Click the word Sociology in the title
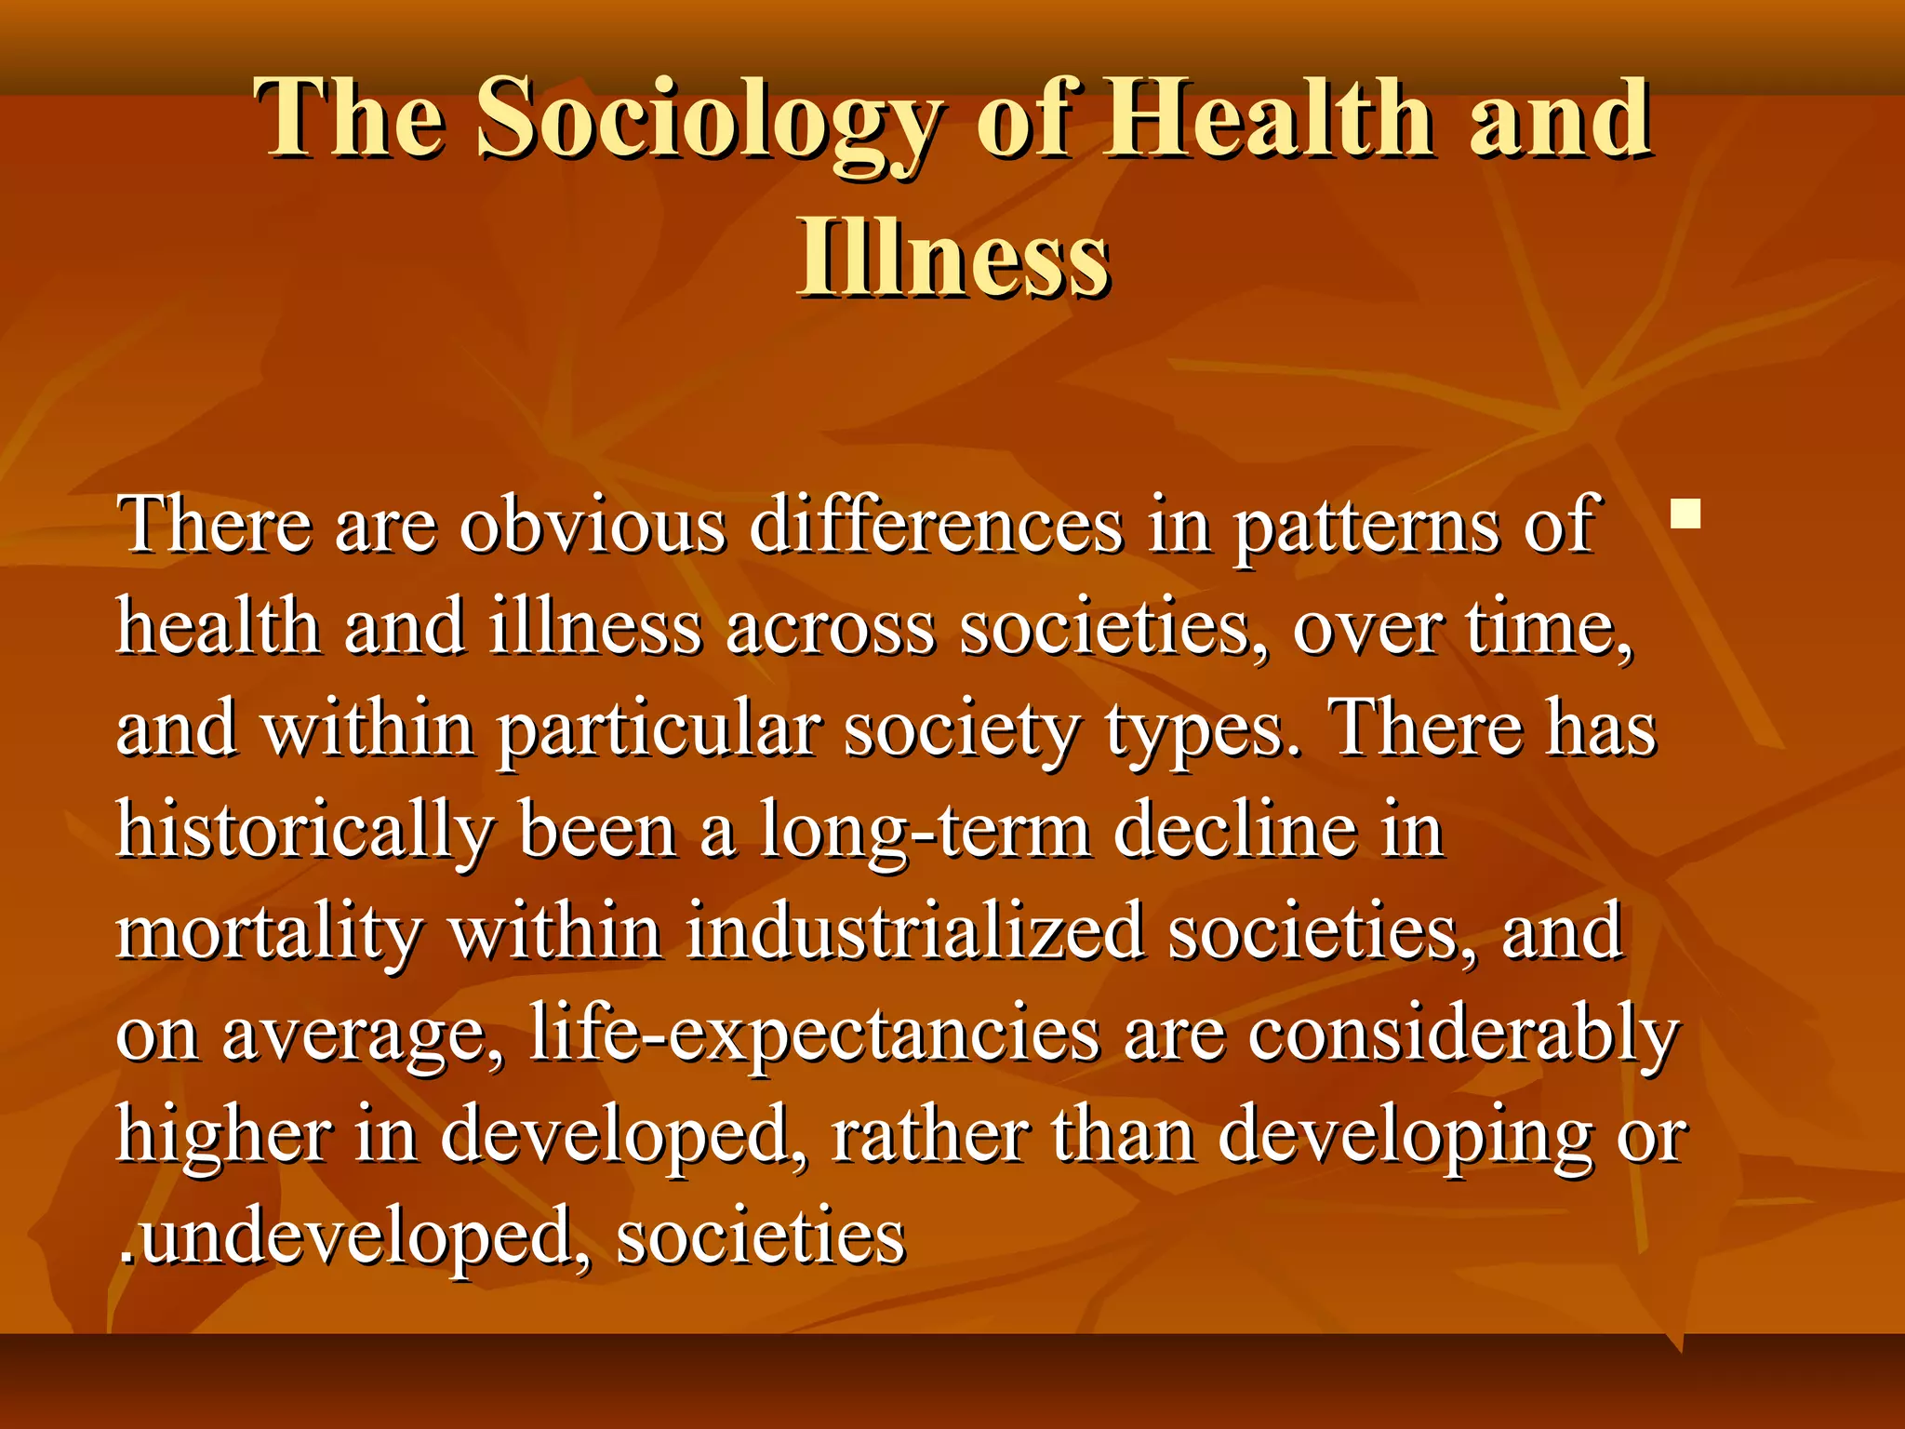[707, 121]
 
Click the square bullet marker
[1685, 514]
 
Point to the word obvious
[593, 526]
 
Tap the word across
[830, 628]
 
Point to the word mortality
[270, 933]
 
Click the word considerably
[1462, 1035]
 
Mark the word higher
[223, 1137]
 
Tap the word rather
[929, 1137]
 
